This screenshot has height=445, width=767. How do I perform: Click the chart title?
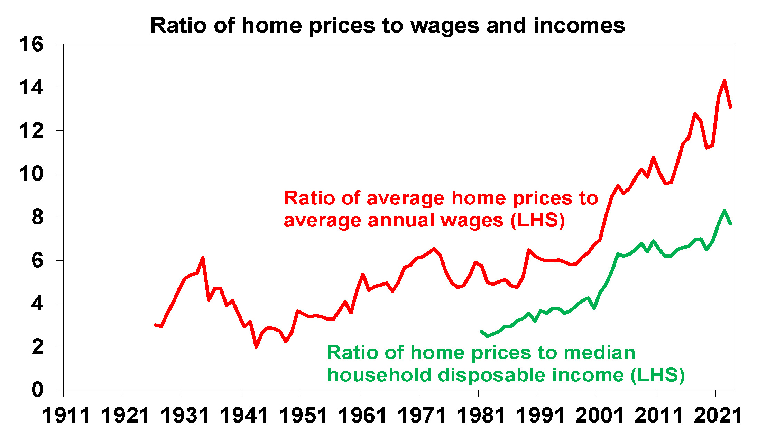coord(387,26)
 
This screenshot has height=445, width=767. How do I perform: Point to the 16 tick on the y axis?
coord(31,44)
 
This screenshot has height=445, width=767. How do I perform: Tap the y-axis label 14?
coord(31,87)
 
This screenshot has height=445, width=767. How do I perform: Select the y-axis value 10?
coord(31,174)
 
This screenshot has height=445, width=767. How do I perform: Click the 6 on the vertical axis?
coord(37,260)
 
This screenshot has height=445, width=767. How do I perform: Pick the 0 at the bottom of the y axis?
coord(37,390)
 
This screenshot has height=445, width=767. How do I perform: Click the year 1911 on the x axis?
coord(66,416)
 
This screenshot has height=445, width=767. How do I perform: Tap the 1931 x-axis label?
coord(185,416)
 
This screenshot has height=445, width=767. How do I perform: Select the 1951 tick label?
coord(303,416)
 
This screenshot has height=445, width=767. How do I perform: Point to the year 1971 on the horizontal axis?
coord(422,416)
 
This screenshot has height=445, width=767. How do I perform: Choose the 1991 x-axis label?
coord(540,416)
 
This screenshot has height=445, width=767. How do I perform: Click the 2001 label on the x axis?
coord(599,416)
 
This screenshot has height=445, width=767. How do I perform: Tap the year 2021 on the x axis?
coord(718,416)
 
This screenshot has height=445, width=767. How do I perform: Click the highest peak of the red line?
coord(724,81)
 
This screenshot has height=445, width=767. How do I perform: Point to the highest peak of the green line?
coord(724,211)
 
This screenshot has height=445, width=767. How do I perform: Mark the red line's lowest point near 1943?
coord(256,346)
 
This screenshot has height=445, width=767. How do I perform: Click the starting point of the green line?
coord(481,331)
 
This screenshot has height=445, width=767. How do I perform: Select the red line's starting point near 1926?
coord(155,325)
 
